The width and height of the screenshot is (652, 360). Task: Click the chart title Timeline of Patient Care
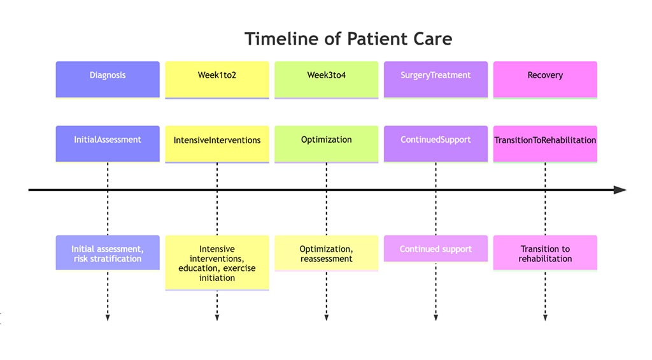coord(348,39)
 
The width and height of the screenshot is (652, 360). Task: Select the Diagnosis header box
coord(108,79)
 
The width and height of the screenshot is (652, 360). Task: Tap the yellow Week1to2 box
coord(217,79)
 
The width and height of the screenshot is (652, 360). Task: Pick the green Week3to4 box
coord(327,79)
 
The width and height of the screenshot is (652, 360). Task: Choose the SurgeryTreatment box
coord(436,79)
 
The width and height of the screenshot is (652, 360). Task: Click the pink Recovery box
coord(545,79)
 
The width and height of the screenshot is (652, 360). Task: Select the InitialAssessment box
coord(108,143)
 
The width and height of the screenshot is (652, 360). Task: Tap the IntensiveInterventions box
coord(217,143)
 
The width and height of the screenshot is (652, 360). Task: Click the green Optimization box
coord(327,143)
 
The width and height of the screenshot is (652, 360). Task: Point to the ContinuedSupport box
coord(436,143)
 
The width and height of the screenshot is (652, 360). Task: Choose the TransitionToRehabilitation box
coord(545,143)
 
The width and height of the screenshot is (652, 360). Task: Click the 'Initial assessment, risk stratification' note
coord(108,253)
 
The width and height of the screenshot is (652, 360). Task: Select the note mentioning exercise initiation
coord(217,263)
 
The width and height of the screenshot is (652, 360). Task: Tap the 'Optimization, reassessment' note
coord(327,254)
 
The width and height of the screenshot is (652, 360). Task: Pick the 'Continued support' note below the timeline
coord(436,249)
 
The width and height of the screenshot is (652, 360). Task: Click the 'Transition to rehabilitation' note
coord(545,253)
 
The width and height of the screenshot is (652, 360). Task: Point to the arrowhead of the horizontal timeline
coord(620,190)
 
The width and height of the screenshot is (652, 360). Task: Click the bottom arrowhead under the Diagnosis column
coord(108,317)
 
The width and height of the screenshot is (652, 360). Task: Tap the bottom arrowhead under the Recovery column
coord(545,317)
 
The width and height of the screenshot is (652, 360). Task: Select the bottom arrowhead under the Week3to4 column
coord(327,317)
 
